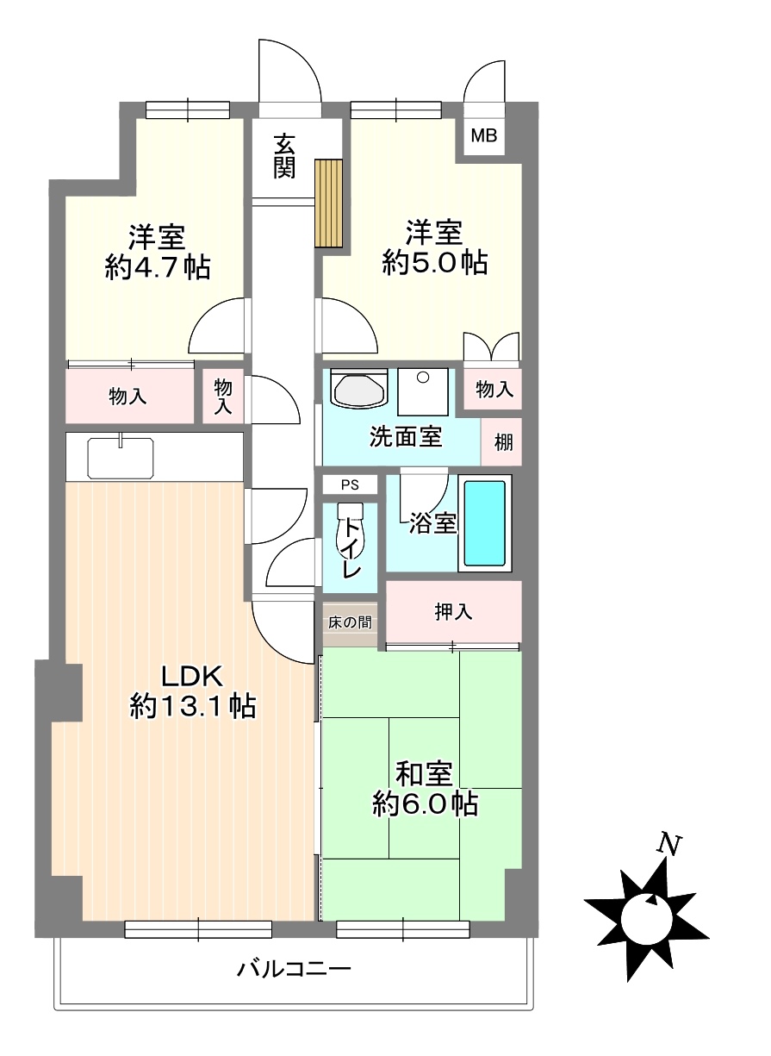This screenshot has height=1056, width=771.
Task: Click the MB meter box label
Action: click(x=483, y=136)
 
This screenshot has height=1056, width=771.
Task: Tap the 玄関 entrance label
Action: click(x=285, y=155)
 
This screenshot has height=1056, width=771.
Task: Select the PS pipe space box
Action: click(x=350, y=484)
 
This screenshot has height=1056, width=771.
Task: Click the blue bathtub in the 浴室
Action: click(x=485, y=522)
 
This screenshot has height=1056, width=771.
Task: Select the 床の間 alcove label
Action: click(x=350, y=622)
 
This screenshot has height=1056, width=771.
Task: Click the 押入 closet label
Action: click(x=453, y=611)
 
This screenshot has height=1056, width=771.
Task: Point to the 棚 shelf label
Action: click(x=503, y=442)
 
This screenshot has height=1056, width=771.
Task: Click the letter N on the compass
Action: click(x=670, y=844)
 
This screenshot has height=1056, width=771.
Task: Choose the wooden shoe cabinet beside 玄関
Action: click(x=329, y=203)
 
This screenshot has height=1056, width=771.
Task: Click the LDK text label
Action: click(x=192, y=677)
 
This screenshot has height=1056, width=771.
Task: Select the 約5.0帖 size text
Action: click(x=435, y=262)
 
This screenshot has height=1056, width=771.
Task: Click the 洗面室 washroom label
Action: click(x=406, y=436)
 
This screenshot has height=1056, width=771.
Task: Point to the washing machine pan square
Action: click(x=423, y=391)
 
